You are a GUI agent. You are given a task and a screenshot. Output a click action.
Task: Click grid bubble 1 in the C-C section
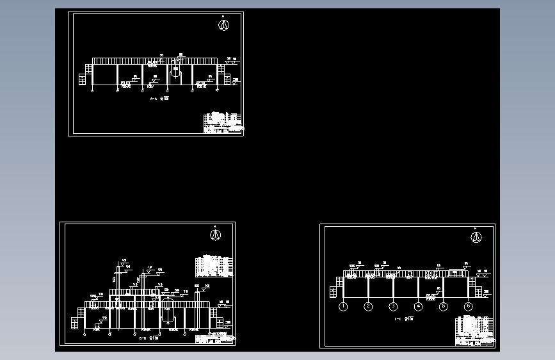point(343,307)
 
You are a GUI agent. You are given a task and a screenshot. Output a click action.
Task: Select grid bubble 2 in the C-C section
point(368,307)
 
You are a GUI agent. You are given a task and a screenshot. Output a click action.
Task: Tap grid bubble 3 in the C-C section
point(393,307)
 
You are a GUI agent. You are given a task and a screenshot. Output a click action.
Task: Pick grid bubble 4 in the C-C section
point(418,307)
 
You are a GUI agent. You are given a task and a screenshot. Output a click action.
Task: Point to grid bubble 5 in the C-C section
point(443,307)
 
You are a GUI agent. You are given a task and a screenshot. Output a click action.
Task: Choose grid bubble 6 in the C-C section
point(468,307)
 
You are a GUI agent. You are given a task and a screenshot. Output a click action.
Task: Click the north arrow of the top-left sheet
point(223,25)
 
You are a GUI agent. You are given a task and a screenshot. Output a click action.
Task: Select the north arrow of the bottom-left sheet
point(215,234)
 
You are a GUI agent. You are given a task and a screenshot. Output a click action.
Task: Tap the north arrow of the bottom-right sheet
point(476,237)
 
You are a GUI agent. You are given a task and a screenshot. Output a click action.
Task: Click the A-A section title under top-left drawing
point(159,99)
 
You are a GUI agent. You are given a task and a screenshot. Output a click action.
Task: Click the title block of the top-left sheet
point(223,123)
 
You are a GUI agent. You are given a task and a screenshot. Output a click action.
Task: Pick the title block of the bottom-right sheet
point(475,332)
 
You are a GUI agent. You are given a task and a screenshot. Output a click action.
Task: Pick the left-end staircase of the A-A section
point(83,79)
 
